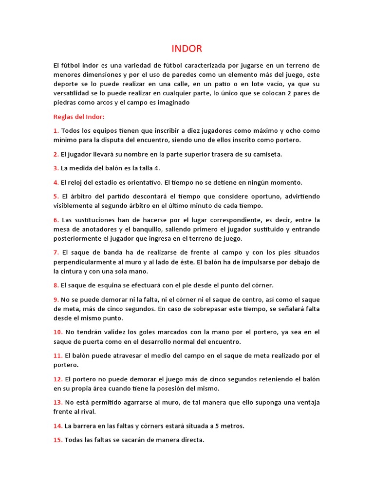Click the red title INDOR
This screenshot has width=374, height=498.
(x=187, y=49)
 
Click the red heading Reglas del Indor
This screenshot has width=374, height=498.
(x=79, y=117)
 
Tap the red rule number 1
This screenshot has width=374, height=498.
(x=56, y=131)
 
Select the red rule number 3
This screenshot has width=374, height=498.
(x=56, y=168)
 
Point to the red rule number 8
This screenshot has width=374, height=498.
(x=56, y=285)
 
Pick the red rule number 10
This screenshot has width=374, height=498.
(x=58, y=332)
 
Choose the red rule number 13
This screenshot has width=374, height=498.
(x=58, y=402)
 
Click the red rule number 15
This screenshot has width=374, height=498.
(x=58, y=440)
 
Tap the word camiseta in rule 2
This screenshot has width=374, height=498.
(x=267, y=154)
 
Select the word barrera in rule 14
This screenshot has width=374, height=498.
(x=78, y=426)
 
